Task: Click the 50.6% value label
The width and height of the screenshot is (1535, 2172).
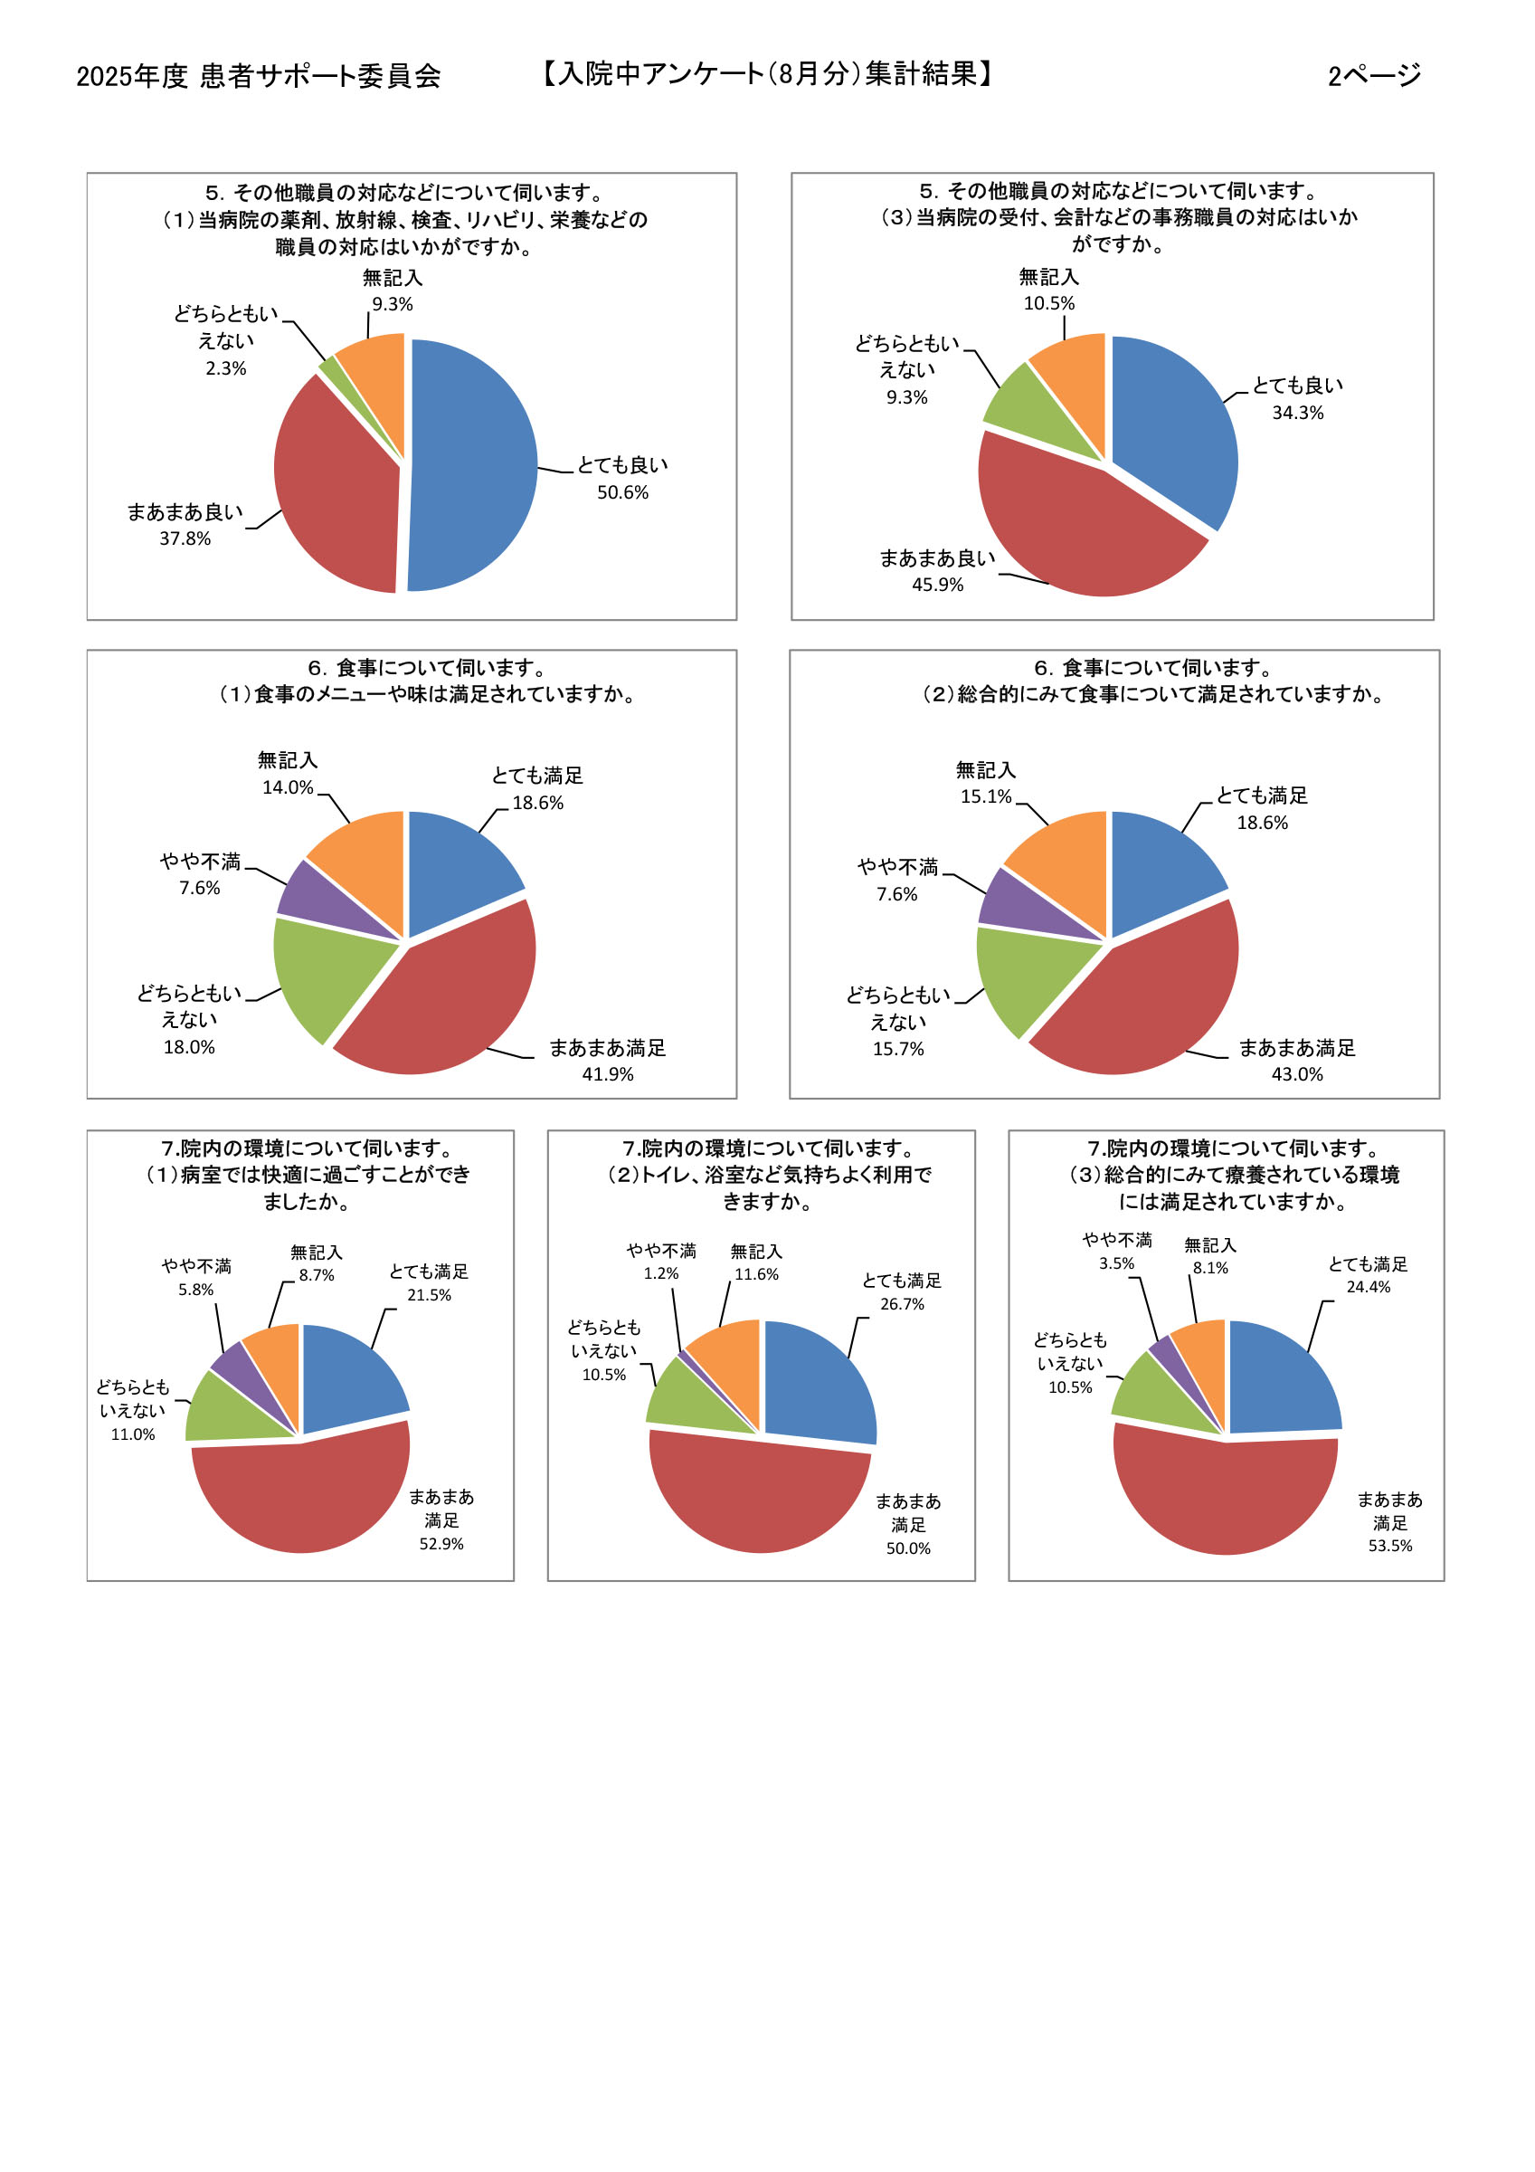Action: [x=622, y=493]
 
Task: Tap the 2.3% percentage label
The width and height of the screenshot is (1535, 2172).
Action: [x=226, y=369]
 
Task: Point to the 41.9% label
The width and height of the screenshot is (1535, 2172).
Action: [x=607, y=1074]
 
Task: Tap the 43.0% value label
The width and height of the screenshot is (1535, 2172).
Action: [x=1297, y=1074]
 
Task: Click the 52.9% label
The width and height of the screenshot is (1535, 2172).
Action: [x=441, y=1544]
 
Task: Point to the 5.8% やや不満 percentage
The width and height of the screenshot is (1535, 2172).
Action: [x=195, y=1291]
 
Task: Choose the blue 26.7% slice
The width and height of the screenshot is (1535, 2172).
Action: [x=817, y=1381]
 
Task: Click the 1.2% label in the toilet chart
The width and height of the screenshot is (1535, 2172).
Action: [x=661, y=1274]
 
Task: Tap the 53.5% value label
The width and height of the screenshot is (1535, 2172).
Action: [x=1389, y=1546]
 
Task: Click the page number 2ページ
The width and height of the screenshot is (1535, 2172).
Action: [x=1373, y=76]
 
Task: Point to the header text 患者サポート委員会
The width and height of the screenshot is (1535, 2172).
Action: [x=319, y=77]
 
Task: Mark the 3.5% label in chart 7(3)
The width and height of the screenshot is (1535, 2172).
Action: [x=1116, y=1264]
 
